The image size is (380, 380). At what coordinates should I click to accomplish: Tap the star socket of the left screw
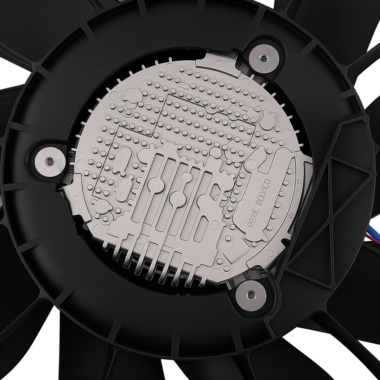pos(48,161)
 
